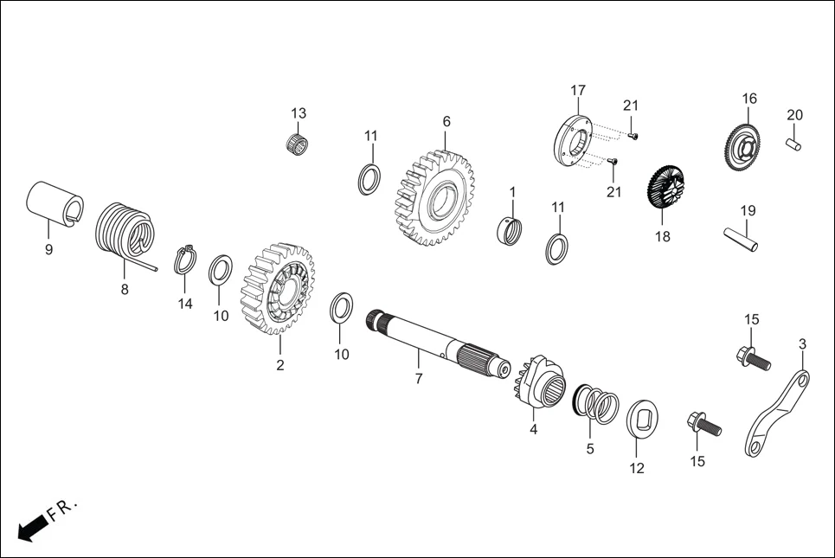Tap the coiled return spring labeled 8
[123, 233]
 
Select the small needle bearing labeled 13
[299, 142]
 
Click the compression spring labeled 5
[597, 404]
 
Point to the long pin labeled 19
[741, 241]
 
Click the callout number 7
[418, 379]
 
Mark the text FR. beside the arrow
[63, 509]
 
